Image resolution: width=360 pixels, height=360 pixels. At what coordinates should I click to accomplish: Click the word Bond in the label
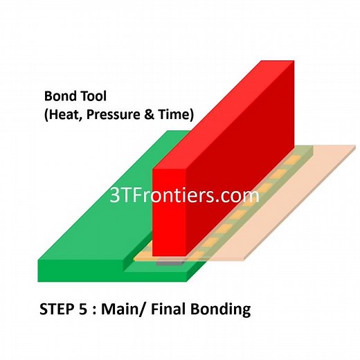[58, 96]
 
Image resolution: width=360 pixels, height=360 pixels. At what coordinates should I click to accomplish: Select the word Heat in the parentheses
[63, 114]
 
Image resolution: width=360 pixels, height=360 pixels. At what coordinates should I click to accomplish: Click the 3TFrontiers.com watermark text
[184, 195]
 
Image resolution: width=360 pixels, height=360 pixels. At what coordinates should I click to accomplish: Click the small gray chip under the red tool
[166, 264]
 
